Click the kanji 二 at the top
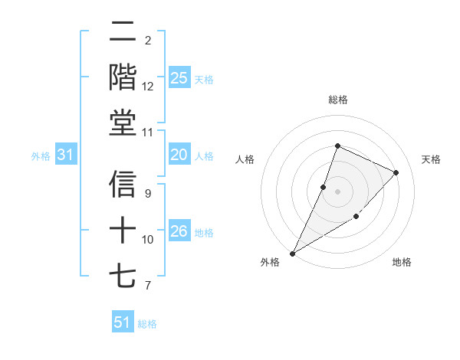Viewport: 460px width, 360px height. pyautogui.click(x=123, y=32)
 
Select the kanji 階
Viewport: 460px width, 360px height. pyautogui.click(x=123, y=78)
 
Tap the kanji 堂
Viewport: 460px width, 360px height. pyautogui.click(x=123, y=123)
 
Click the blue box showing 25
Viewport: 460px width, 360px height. pyautogui.click(x=179, y=78)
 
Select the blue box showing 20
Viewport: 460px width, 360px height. pyautogui.click(x=179, y=155)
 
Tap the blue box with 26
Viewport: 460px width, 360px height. pyautogui.click(x=179, y=231)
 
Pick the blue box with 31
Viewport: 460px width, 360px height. pyautogui.click(x=65, y=155)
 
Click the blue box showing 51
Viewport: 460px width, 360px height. pyautogui.click(x=123, y=322)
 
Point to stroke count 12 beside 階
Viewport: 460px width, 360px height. pyautogui.click(x=148, y=86)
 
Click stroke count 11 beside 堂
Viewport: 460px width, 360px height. pyautogui.click(x=148, y=132)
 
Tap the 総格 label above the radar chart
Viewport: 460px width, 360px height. pyautogui.click(x=337, y=100)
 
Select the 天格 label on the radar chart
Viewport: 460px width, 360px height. pyautogui.click(x=431, y=159)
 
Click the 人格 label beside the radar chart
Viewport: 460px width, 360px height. pyautogui.click(x=245, y=159)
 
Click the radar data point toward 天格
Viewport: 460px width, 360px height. pyautogui.click(x=396, y=172)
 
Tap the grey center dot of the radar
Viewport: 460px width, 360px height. pyautogui.click(x=337, y=191)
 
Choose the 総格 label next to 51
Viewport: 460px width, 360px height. pyautogui.click(x=147, y=324)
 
